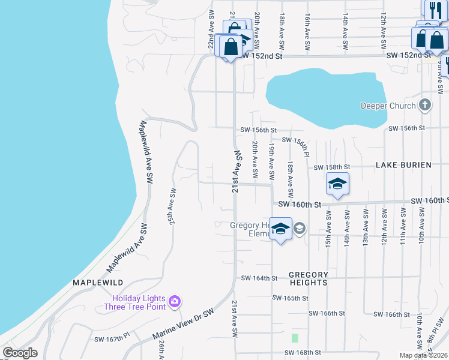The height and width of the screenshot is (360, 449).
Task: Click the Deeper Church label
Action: pyautogui.click(x=388, y=106)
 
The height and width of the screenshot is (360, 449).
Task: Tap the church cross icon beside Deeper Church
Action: pyautogui.click(x=425, y=106)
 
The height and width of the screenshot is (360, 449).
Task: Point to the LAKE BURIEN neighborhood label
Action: pyautogui.click(x=403, y=165)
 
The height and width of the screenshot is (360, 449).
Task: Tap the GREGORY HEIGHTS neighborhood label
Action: pyautogui.click(x=309, y=278)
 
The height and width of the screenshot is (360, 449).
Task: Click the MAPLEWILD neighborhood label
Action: pyautogui.click(x=98, y=282)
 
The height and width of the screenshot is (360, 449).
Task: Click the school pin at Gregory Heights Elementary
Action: pyautogui.click(x=280, y=229)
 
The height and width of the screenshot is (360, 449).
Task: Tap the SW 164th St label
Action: pyautogui.click(x=259, y=278)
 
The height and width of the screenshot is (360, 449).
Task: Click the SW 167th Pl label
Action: pyautogui.click(x=112, y=340)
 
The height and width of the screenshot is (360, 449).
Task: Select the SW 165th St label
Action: pyautogui.click(x=290, y=298)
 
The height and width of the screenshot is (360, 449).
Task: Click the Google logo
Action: pyautogui.click(x=20, y=353)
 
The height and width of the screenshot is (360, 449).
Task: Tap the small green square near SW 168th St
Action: pyautogui.click(x=294, y=338)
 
